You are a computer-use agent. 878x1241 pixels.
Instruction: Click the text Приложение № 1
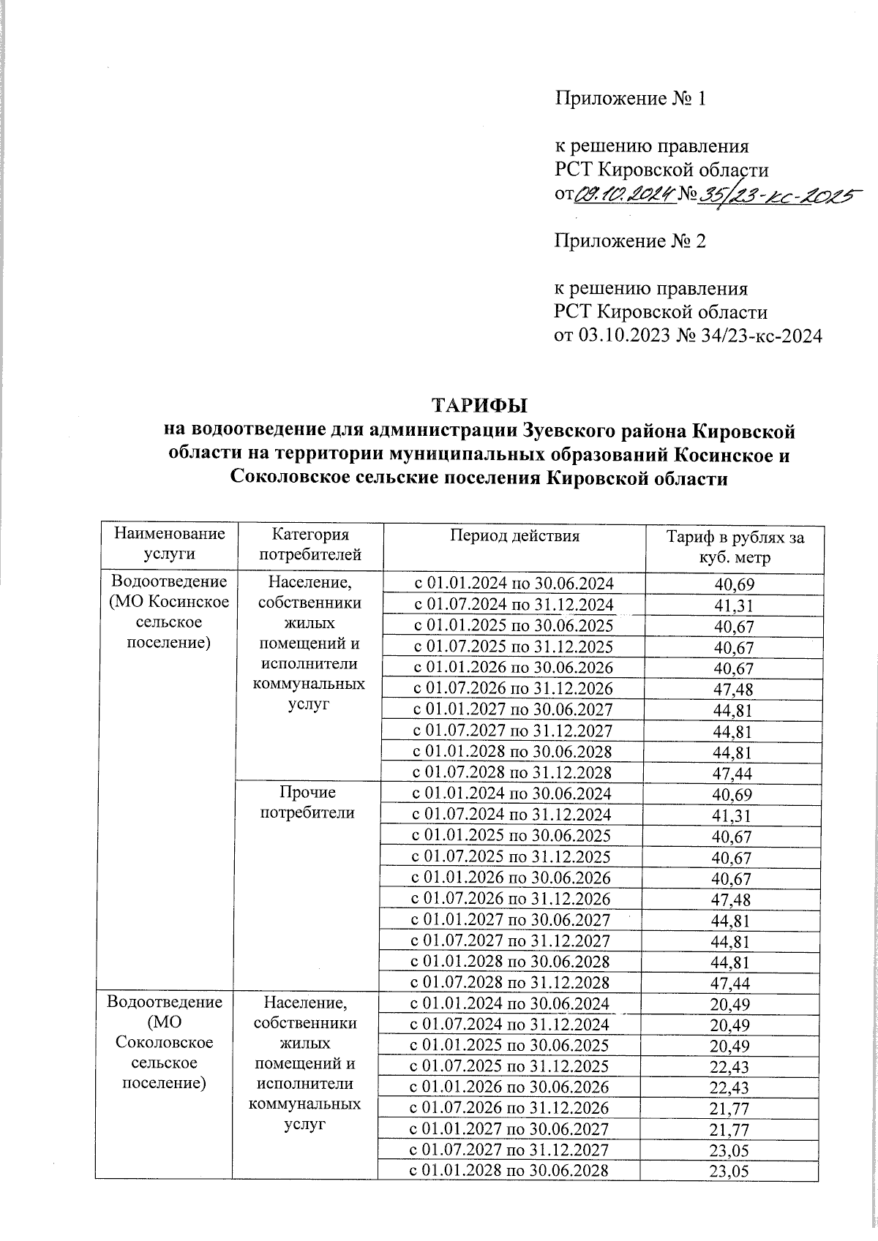(x=630, y=99)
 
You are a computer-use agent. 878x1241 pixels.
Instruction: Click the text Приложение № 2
(x=630, y=241)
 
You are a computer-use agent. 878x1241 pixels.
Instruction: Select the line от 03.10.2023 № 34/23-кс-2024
(x=688, y=336)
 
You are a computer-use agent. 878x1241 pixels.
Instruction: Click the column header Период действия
(x=514, y=536)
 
